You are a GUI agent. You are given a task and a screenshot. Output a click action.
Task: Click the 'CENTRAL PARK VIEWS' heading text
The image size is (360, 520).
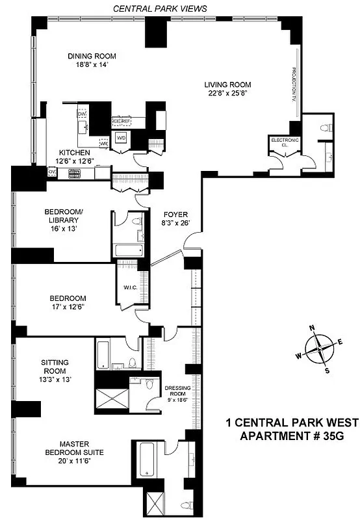pyautogui.click(x=160, y=8)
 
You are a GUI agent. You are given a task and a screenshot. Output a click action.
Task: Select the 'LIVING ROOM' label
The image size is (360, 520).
pyautogui.click(x=227, y=84)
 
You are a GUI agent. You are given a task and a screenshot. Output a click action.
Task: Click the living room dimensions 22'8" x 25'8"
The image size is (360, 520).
pyautogui.click(x=227, y=94)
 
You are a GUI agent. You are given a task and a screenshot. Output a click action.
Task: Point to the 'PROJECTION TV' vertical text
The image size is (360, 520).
pyautogui.click(x=293, y=85)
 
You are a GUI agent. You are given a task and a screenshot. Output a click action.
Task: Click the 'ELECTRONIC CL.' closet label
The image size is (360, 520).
pyautogui.click(x=285, y=143)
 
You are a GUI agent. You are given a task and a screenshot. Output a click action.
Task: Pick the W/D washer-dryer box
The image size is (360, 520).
pyautogui.click(x=121, y=138)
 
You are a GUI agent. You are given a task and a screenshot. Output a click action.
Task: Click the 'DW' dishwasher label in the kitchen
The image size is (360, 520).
pyautogui.click(x=82, y=115)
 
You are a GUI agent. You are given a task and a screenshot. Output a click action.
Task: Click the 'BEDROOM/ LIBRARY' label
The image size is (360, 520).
pyautogui.click(x=63, y=216)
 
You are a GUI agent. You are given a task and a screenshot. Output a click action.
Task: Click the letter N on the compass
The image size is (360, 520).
pyautogui.click(x=312, y=328)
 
